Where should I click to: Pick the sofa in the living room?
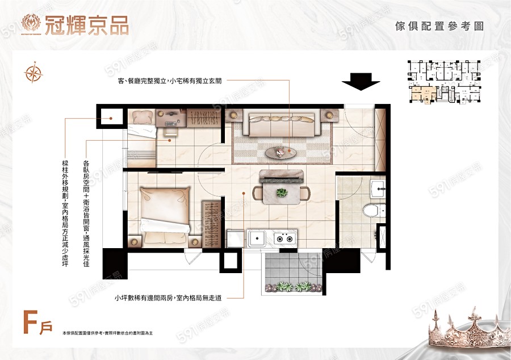282,124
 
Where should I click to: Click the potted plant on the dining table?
282,193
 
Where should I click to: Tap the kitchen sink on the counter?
257,237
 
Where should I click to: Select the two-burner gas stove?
284,237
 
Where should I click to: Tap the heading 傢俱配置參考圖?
439,26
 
